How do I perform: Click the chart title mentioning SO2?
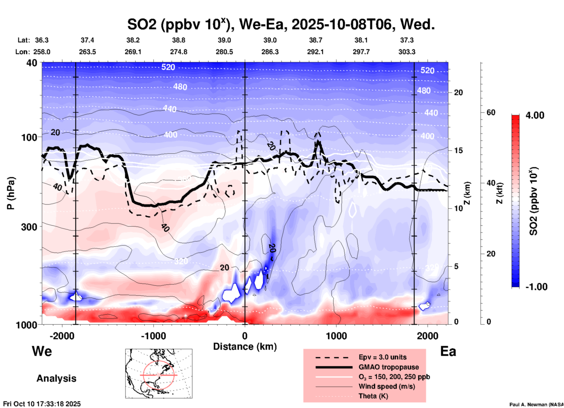pyautogui.click(x=281, y=24)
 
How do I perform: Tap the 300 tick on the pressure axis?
pyautogui.click(x=29, y=227)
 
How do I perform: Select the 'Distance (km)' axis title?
pyautogui.click(x=245, y=347)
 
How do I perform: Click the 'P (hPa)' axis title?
pyautogui.click(x=11, y=193)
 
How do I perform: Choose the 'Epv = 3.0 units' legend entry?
pyautogui.click(x=382, y=357)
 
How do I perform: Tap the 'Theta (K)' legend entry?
pyautogui.click(x=373, y=396)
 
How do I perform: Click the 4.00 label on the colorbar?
pyautogui.click(x=535, y=115)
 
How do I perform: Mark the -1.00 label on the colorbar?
pyautogui.click(x=536, y=287)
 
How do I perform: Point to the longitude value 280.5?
pyautogui.click(x=224, y=52)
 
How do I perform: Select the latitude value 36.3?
pyautogui.click(x=42, y=40)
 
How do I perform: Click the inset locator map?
pyautogui.click(x=159, y=373)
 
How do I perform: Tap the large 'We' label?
pyautogui.click(x=42, y=351)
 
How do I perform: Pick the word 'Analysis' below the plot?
pyautogui.click(x=56, y=378)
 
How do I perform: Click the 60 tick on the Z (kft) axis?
pyautogui.click(x=491, y=112)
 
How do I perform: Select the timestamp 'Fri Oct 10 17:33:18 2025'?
pyautogui.click(x=42, y=404)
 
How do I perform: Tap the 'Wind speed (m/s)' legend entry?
pyautogui.click(x=387, y=386)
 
